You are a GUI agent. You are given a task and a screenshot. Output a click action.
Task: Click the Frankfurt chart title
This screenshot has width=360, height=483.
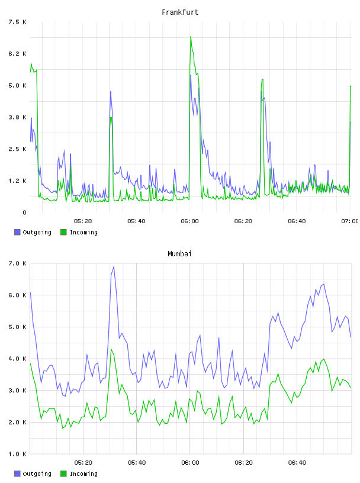coord(180,12)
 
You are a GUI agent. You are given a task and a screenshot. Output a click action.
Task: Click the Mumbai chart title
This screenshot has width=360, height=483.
coord(179,254)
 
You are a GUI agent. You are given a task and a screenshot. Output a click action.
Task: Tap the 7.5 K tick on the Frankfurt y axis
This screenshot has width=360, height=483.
coord(18,22)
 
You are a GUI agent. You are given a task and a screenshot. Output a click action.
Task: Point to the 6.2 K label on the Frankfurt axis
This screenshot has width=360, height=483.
coord(18,54)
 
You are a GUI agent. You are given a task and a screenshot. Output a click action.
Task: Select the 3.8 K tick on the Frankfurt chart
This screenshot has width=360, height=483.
coord(18,117)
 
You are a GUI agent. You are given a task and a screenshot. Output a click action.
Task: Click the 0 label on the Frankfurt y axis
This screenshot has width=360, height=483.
coord(25,212)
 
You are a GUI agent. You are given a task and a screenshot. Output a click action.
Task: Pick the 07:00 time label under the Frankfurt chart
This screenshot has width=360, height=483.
coord(350,221)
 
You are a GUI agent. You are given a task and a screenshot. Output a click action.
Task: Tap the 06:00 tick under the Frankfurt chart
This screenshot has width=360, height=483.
coord(189,221)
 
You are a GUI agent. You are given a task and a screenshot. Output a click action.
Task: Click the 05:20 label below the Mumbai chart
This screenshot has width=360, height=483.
coord(83,462)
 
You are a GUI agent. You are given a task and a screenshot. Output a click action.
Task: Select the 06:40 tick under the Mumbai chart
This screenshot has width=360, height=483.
coord(297,462)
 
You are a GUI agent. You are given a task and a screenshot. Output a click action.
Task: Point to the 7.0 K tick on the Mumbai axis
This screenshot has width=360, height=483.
coord(18,263)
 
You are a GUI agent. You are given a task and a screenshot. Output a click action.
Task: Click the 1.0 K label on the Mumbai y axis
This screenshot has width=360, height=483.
coord(18,454)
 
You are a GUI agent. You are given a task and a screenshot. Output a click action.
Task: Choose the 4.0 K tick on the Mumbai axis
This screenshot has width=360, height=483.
coord(18,359)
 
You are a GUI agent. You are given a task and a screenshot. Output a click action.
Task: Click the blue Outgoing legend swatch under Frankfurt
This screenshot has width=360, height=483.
coord(17,232)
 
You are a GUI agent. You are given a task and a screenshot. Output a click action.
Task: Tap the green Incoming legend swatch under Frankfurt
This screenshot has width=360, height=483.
coord(63,232)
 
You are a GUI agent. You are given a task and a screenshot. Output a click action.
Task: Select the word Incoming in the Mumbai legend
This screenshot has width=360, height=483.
coord(83,474)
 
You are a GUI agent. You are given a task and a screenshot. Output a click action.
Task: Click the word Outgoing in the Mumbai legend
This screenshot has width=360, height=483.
coord(37,474)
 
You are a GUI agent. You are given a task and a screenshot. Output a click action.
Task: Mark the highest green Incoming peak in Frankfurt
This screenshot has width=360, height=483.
coord(191,37)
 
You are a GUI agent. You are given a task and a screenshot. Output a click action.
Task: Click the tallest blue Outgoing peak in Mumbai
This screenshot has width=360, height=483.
coord(114,266)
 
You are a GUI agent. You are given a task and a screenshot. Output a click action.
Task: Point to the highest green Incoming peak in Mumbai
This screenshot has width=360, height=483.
coord(111,349)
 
